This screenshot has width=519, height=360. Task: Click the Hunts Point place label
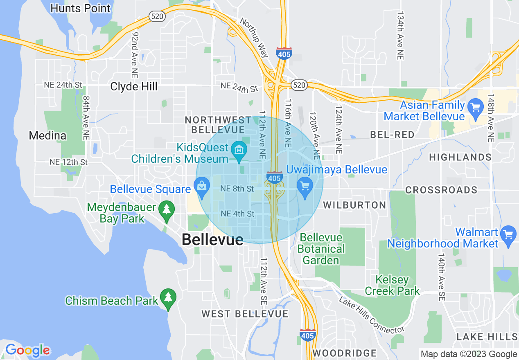[81, 8]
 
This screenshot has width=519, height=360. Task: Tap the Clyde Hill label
[134, 86]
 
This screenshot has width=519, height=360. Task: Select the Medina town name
[47, 135]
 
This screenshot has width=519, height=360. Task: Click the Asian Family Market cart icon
[475, 108]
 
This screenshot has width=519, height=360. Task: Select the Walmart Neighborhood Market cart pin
[509, 235]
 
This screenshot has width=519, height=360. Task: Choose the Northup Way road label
[254, 37]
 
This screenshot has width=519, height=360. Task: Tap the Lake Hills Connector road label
[372, 315]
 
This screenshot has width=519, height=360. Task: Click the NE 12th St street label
[68, 162]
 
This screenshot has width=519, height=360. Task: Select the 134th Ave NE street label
[400, 36]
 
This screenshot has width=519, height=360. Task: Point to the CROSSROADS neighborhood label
[441, 190]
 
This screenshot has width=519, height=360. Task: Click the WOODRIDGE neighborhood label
[344, 353]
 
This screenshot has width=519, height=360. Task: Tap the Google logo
[27, 351]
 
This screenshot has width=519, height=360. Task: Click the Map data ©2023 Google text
[469, 354]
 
